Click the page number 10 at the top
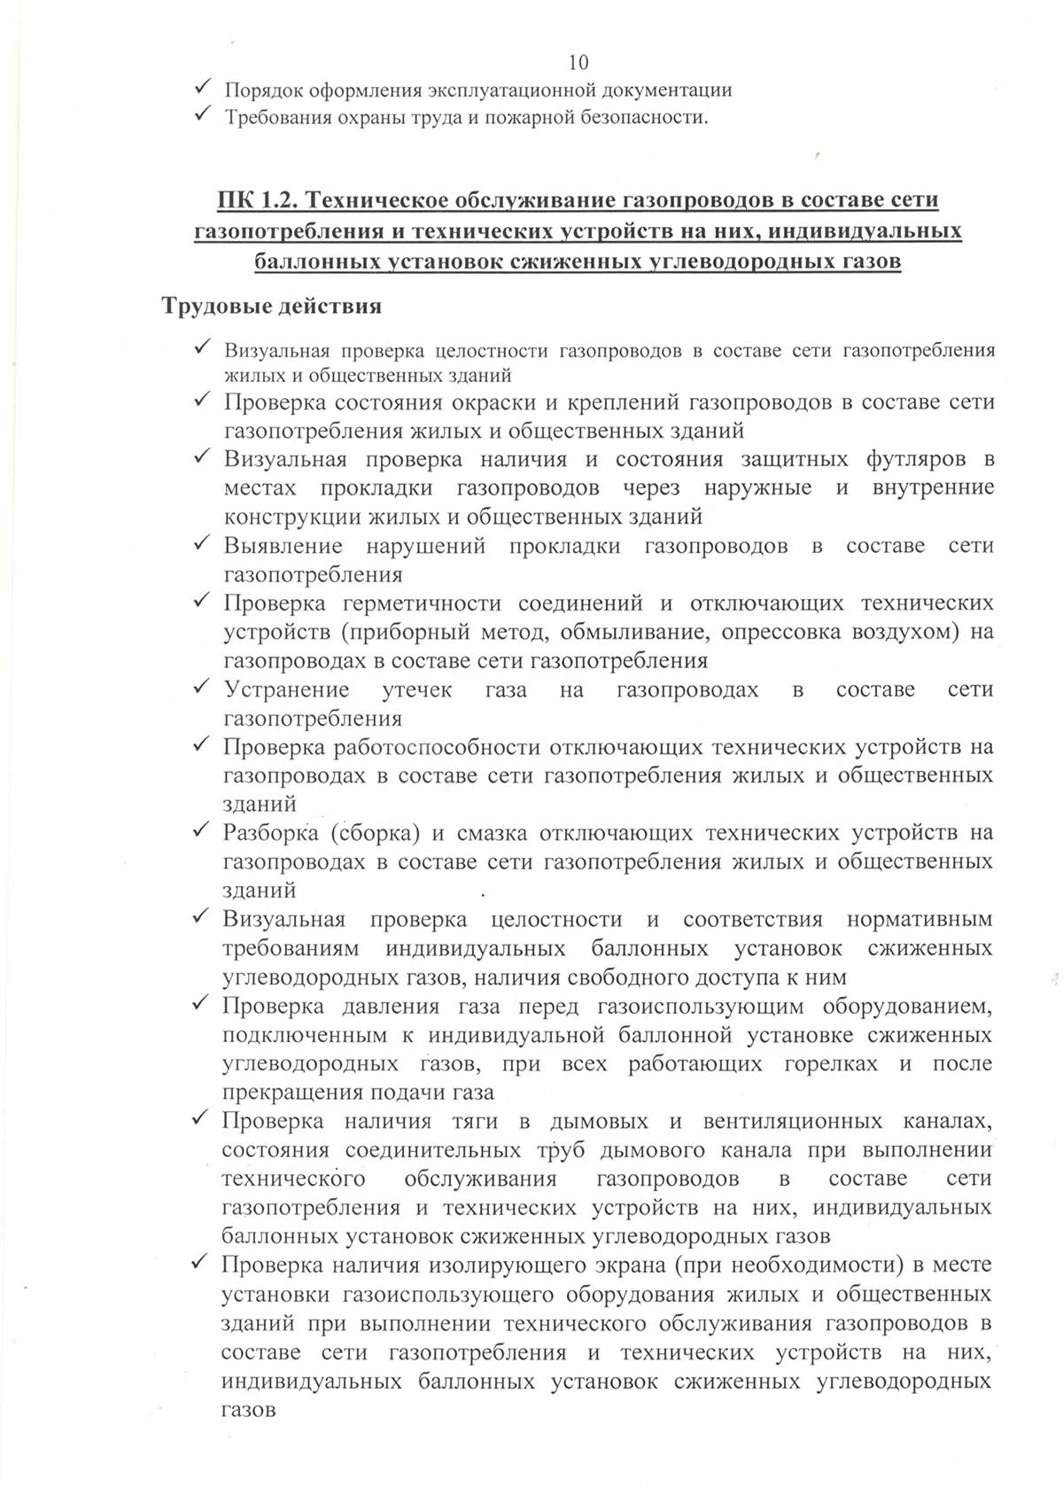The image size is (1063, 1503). coord(577,62)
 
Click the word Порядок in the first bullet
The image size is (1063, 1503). coord(260,90)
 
